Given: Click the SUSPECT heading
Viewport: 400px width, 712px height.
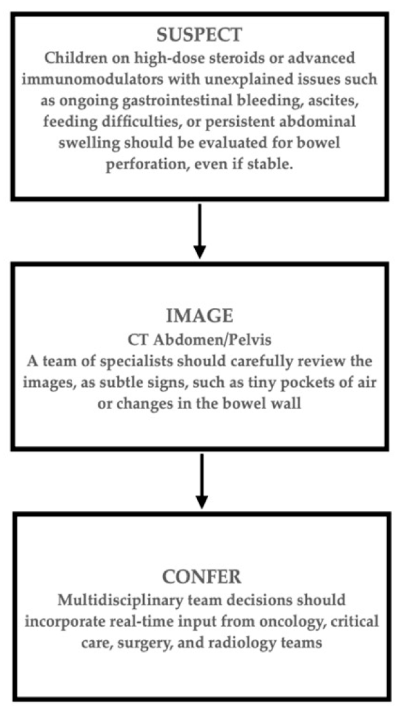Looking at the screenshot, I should (x=199, y=35).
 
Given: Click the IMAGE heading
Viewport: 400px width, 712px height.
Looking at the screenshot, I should (x=199, y=316).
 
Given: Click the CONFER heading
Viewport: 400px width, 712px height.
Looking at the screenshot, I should (x=201, y=577).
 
